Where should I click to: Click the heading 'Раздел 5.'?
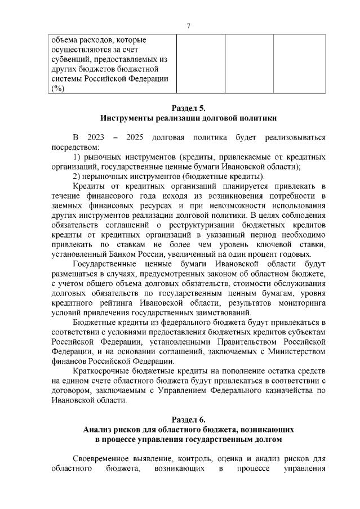click(x=189, y=108)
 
